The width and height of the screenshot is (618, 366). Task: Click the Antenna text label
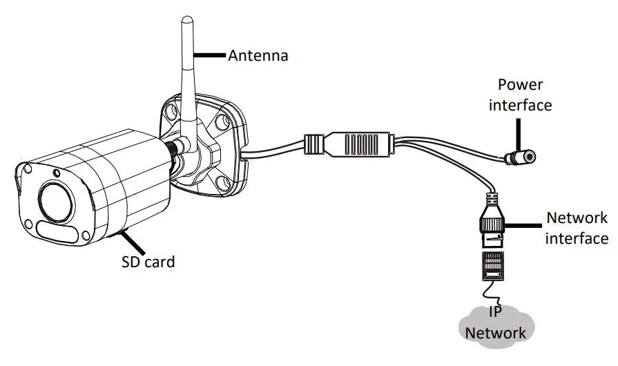click(258, 56)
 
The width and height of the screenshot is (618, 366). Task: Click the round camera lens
click(55, 200)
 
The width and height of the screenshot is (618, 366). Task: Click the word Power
click(520, 85)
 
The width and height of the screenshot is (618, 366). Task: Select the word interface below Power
click(520, 105)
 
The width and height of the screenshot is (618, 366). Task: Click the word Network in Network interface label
click(577, 218)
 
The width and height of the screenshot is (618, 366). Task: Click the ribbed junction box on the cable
click(359, 144)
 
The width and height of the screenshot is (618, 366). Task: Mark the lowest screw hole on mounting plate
click(222, 183)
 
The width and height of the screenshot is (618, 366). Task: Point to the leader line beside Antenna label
click(211, 54)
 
